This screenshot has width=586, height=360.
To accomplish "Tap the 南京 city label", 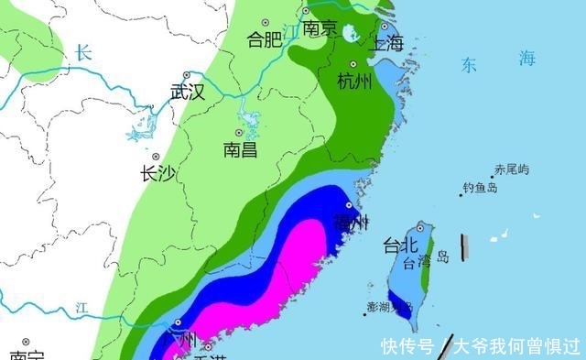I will point(320,29).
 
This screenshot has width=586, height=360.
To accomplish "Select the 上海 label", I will point(386,43).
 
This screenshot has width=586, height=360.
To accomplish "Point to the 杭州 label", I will point(354,82).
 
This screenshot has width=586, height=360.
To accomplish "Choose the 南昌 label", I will point(240,149).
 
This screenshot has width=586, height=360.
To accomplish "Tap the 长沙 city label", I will point(157,174).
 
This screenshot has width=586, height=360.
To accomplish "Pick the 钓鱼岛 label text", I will point(480,188).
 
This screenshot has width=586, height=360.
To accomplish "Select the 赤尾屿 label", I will point(511,169).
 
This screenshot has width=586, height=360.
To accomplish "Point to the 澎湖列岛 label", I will point(388,305).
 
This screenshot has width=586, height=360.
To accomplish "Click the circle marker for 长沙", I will point(157,157).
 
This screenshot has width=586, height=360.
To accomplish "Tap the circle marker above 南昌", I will point(240,133).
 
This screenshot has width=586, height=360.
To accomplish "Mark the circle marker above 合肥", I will point(266,21).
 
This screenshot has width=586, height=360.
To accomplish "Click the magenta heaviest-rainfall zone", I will point(284,275).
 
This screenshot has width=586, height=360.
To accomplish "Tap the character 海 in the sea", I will point(526,59).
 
